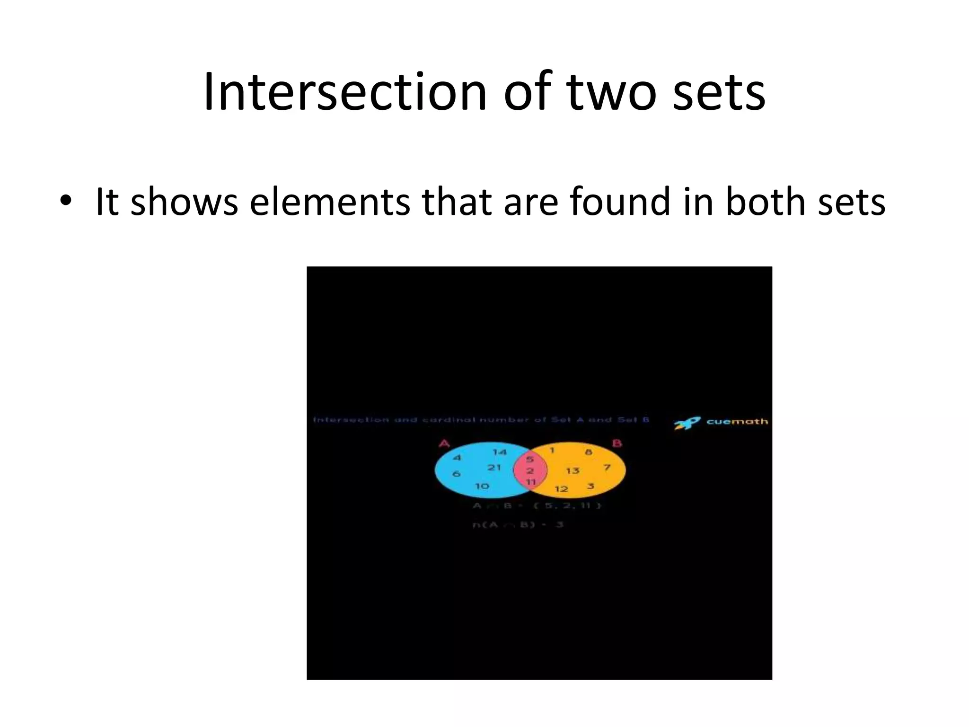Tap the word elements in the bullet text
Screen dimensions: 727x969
pos(330,202)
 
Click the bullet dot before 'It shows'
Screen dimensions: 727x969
pos(66,201)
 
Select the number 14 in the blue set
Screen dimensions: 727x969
pos(499,452)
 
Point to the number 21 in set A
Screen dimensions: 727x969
pos(494,468)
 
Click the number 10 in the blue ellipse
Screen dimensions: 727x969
pos(482,486)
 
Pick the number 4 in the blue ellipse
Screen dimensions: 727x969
pos(457,458)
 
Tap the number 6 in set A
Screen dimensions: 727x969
pos(456,474)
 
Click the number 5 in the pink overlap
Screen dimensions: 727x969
pos(530,459)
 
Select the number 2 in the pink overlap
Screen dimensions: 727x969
pos(530,471)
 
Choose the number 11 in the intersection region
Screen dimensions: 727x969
pos(531,482)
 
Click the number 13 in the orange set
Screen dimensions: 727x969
pos(573,470)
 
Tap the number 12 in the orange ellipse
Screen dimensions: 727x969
pos(561,489)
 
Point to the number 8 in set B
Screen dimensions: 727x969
pos(588,452)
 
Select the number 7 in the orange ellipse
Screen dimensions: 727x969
pos(607,468)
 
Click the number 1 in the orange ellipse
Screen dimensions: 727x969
pos(552,450)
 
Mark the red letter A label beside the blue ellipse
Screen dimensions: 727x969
pos(444,443)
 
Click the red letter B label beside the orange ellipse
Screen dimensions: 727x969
pos(617,443)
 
